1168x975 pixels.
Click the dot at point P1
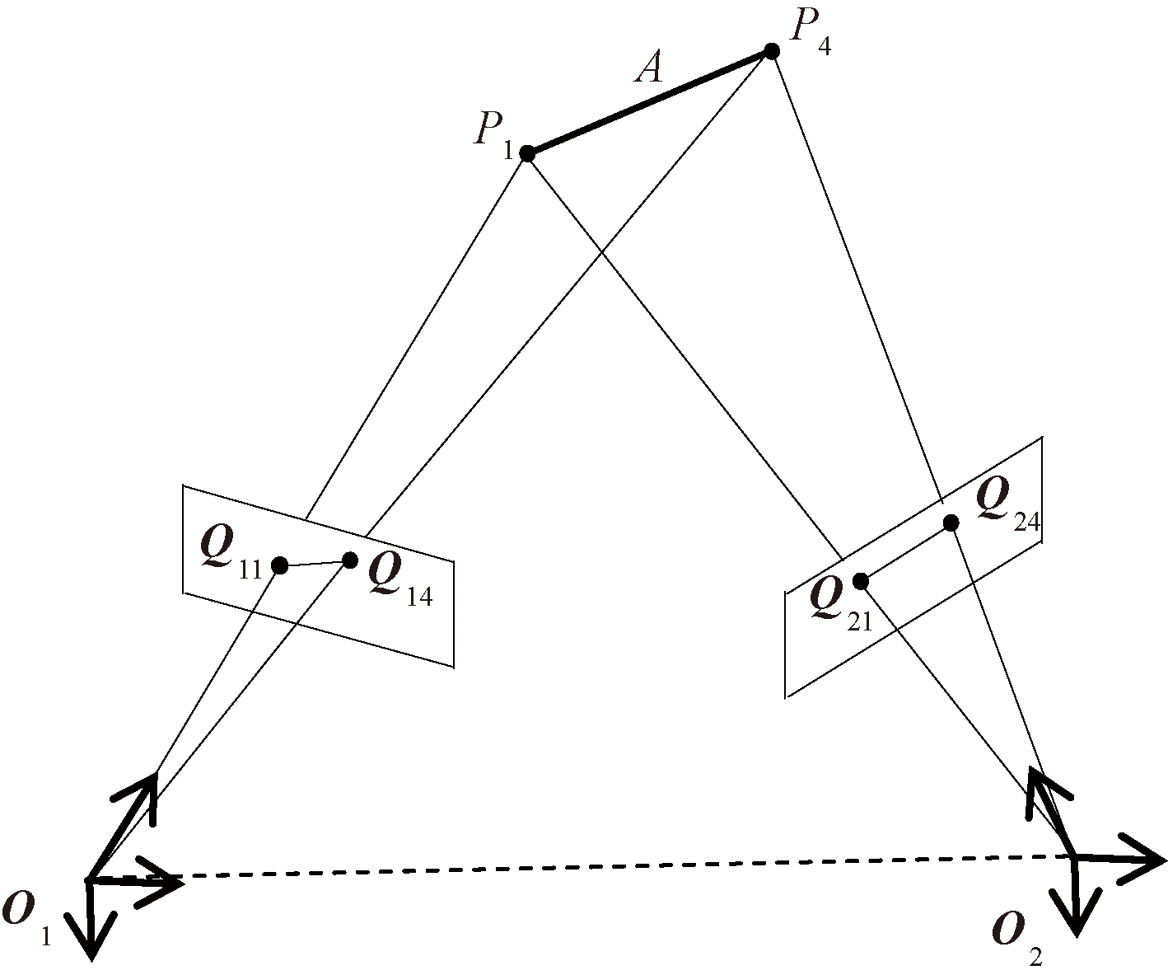tap(527, 153)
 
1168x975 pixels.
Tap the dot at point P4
tap(772, 51)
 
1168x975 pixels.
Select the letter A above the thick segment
tap(649, 68)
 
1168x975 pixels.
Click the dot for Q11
tap(279, 565)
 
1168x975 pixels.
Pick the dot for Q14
tap(349, 560)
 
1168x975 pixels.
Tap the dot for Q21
tap(861, 581)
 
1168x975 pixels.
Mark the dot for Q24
tap(951, 523)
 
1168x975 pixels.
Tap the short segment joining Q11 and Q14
tap(315, 563)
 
